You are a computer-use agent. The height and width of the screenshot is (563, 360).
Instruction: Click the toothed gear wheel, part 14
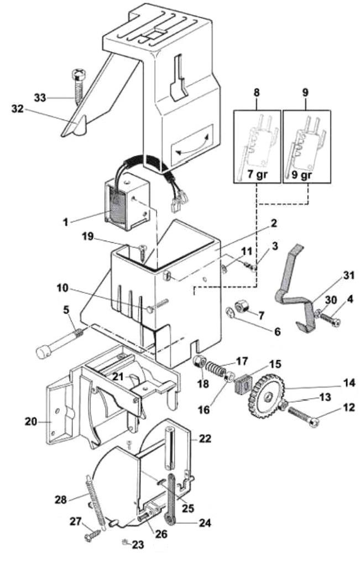coord(267,398)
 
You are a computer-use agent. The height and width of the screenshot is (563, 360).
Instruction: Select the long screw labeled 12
coord(304,416)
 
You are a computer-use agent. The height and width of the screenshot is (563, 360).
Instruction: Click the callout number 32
coord(17,109)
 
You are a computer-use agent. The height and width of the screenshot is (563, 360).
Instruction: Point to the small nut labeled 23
coord(126,542)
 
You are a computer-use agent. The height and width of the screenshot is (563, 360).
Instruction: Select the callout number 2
coord(274,223)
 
